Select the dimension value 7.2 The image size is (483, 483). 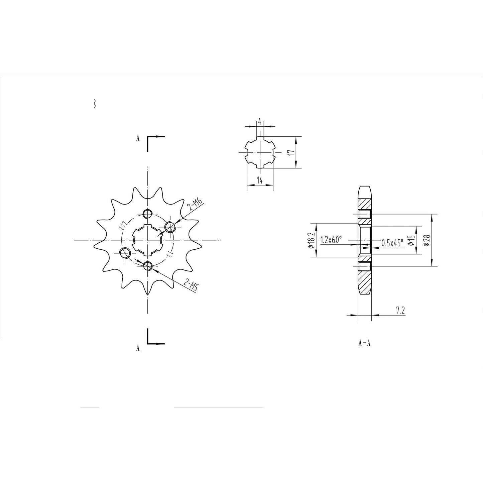click(x=400, y=311)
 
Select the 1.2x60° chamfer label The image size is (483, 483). click(x=331, y=240)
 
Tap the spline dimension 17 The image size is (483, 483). click(x=291, y=152)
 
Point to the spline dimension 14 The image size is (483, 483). click(x=260, y=180)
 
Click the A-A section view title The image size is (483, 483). click(x=364, y=343)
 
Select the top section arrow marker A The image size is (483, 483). click(x=138, y=138)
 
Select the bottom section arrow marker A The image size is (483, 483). click(x=138, y=348)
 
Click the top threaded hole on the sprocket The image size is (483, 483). click(x=147, y=214)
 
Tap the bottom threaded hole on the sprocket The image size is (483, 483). click(x=148, y=266)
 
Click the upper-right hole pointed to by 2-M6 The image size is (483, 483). click(x=170, y=227)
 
